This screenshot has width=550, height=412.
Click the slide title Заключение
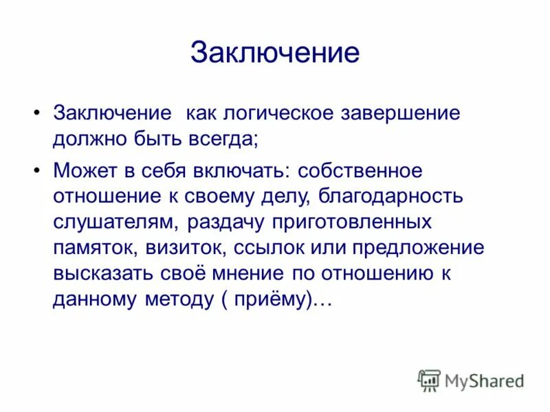[274, 53]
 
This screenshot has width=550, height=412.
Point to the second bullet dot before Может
[36, 169]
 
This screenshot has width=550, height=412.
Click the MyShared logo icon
[429, 380]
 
